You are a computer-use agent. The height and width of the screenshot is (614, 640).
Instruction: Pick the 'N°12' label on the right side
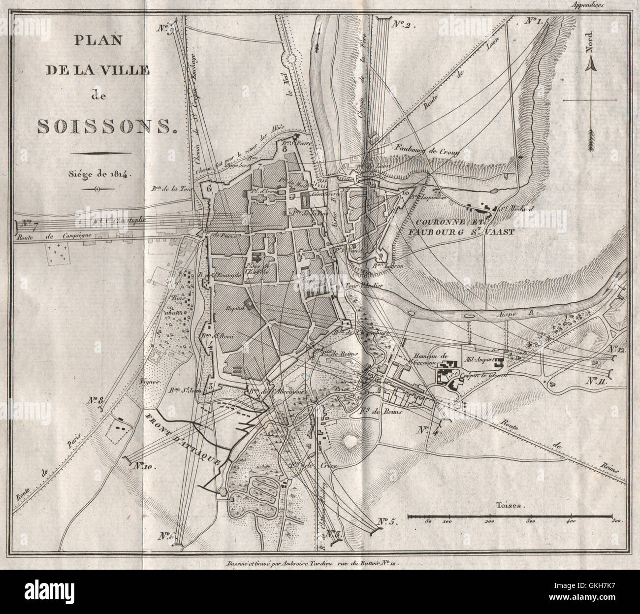tap(615, 349)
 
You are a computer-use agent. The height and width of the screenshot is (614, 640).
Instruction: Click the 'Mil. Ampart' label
tap(481, 352)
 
